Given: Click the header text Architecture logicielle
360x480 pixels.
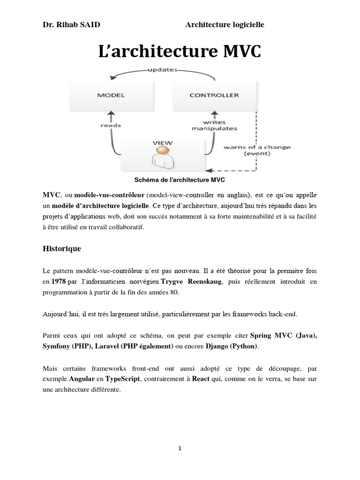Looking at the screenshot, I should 225,24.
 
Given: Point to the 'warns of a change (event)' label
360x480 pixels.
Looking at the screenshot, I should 257,150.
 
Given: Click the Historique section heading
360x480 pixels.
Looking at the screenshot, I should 62,249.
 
